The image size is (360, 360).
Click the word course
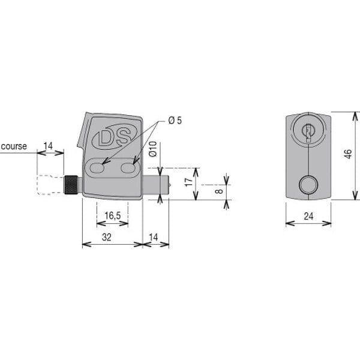pos(14,146)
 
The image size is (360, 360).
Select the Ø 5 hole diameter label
pos(175,121)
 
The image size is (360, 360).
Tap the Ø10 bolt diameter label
pos(152,149)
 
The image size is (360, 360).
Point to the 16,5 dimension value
pos(113,215)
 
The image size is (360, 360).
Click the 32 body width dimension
pos(107,237)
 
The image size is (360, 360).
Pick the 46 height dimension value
pos(348,154)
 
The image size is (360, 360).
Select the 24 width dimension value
pos(308,216)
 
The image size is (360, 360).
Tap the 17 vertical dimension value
pos(189,182)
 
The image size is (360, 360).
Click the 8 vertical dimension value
pos(220,191)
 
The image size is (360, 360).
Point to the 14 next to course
pos(48,146)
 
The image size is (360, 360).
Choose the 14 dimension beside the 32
pos(154,237)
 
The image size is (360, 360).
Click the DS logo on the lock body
pos(115,137)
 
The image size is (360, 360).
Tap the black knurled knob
pos(71,185)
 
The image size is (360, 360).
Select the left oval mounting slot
pos(97,168)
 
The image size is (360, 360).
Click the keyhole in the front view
pos(308,132)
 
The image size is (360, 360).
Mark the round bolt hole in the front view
pos(308,185)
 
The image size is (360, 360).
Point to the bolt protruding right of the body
pos(157,185)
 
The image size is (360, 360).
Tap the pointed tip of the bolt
pos(170,185)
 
